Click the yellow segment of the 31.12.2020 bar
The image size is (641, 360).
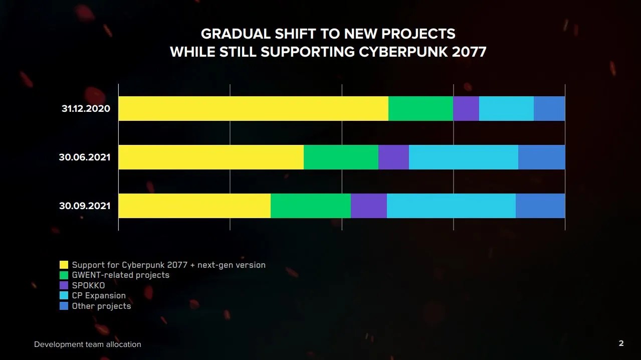coord(253,108)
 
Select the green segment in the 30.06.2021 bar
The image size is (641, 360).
coord(341,157)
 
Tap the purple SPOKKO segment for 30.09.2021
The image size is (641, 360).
coord(368,206)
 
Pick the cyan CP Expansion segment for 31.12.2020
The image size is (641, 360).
coord(506,108)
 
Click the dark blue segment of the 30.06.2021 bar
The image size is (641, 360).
coord(541,157)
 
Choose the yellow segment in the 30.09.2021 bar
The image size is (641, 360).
coord(194,206)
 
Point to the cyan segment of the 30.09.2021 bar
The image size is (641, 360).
coord(451,206)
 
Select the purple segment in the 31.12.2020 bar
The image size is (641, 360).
coord(466,108)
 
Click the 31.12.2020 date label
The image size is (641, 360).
coord(86,108)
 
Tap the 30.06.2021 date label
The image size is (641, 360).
coord(85,157)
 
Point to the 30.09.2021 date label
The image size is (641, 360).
coord(85,206)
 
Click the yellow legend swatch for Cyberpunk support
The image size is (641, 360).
coord(64,265)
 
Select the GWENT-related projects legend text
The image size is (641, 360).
coord(120,275)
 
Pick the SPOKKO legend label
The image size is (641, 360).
coord(88,285)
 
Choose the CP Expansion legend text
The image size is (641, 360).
coord(99,295)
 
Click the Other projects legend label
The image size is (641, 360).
coord(101,306)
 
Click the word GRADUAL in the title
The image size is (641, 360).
coord(236,34)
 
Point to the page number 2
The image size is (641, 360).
coord(621,343)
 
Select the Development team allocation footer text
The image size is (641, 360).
coord(88,344)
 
